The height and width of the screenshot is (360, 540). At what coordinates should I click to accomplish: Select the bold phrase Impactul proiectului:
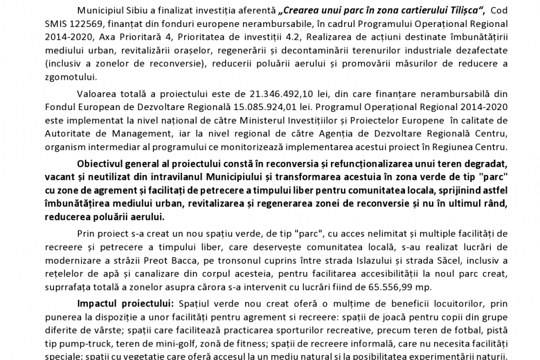point(125,303)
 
